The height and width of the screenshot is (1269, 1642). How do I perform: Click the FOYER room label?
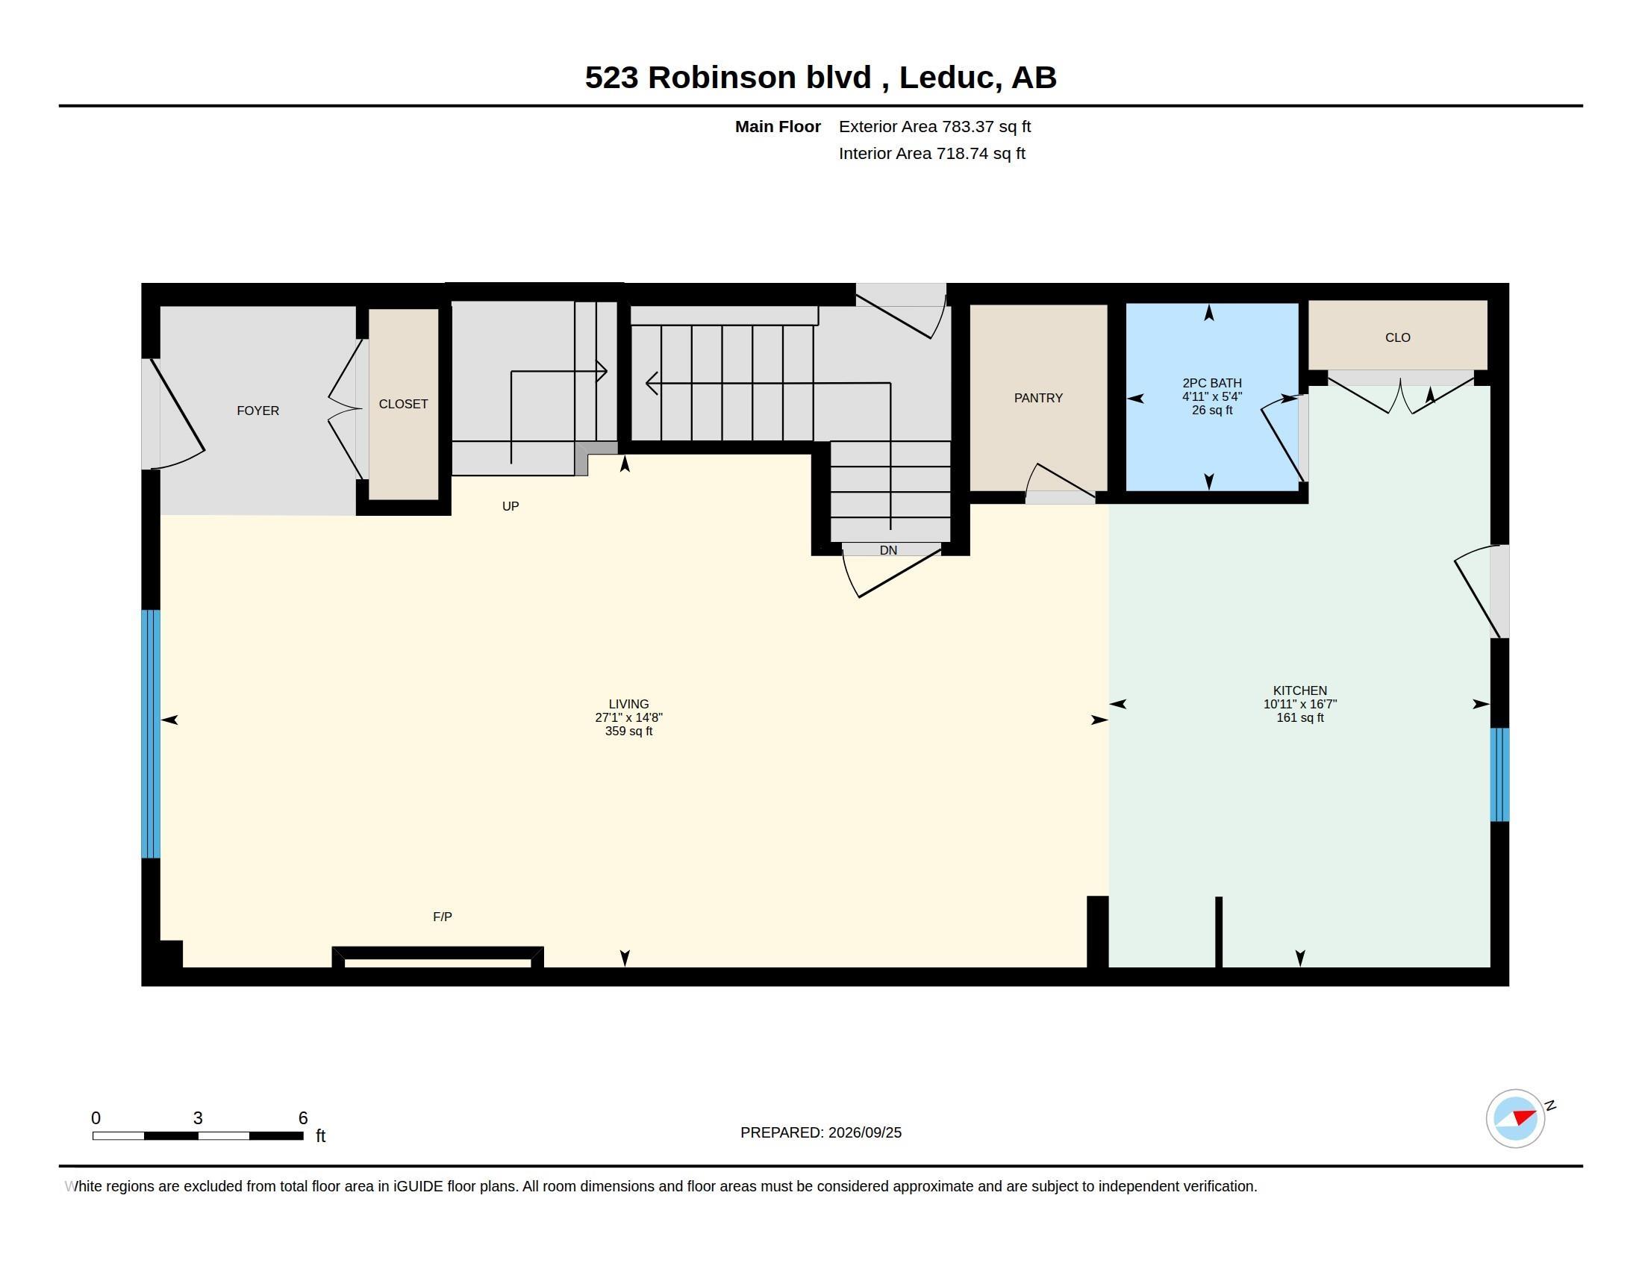[258, 411]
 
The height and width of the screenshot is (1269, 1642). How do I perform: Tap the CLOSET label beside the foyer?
[403, 404]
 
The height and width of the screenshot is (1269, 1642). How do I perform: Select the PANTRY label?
[1038, 398]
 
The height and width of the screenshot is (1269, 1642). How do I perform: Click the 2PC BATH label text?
[1212, 383]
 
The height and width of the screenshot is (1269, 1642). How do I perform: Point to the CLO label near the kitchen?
[1398, 337]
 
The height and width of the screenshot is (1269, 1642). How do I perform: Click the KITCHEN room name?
[1300, 690]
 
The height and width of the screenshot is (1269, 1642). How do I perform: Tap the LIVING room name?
[628, 704]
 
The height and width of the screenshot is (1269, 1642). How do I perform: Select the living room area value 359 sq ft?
[628, 731]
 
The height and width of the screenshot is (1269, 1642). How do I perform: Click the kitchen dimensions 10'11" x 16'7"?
[1300, 704]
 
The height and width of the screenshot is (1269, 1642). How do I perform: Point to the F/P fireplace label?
[442, 917]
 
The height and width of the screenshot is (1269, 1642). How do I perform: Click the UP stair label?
[511, 506]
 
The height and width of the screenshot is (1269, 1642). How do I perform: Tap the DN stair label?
[888, 550]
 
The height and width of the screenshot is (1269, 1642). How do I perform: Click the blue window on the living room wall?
[150, 734]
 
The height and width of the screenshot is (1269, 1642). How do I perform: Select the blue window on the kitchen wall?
[1499, 774]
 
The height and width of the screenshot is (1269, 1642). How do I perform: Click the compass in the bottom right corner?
[1515, 1118]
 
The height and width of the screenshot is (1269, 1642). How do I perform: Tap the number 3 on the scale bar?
[198, 1118]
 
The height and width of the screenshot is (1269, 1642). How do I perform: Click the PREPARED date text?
[821, 1132]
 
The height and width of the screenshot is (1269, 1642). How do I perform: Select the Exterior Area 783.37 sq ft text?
[934, 126]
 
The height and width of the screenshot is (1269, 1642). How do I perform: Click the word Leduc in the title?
[950, 78]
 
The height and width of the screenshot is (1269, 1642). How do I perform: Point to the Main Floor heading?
[778, 126]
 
